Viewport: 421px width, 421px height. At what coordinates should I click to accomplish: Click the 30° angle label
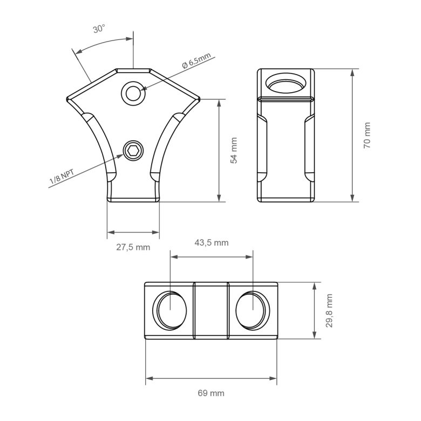pyautogui.click(x=99, y=29)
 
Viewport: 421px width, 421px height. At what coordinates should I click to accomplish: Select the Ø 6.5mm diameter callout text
pyautogui.click(x=196, y=61)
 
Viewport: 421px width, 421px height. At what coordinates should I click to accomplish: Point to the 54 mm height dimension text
pyautogui.click(x=234, y=151)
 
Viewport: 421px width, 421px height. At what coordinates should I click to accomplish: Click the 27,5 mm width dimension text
pyautogui.click(x=133, y=247)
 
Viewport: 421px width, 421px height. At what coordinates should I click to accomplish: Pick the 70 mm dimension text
pyautogui.click(x=367, y=135)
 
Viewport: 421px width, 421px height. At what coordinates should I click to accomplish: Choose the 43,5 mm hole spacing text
pyautogui.click(x=212, y=243)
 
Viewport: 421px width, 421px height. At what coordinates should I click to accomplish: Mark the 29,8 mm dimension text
pyautogui.click(x=329, y=311)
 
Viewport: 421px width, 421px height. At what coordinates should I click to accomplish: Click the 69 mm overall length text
pyautogui.click(x=211, y=393)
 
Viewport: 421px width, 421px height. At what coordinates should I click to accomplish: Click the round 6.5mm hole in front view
pyautogui.click(x=133, y=93)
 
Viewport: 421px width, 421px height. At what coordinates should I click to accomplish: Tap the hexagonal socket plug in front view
pyautogui.click(x=133, y=150)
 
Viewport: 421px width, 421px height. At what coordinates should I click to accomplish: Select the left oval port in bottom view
pyautogui.click(x=170, y=311)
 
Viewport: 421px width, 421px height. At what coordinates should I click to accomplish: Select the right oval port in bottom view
pyautogui.click(x=253, y=311)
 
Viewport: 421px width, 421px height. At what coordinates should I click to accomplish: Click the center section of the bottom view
pyautogui.click(x=211, y=311)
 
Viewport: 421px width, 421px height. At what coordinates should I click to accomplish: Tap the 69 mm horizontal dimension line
pyautogui.click(x=211, y=378)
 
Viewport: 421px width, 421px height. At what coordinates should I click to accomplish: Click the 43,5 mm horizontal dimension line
pyautogui.click(x=211, y=257)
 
